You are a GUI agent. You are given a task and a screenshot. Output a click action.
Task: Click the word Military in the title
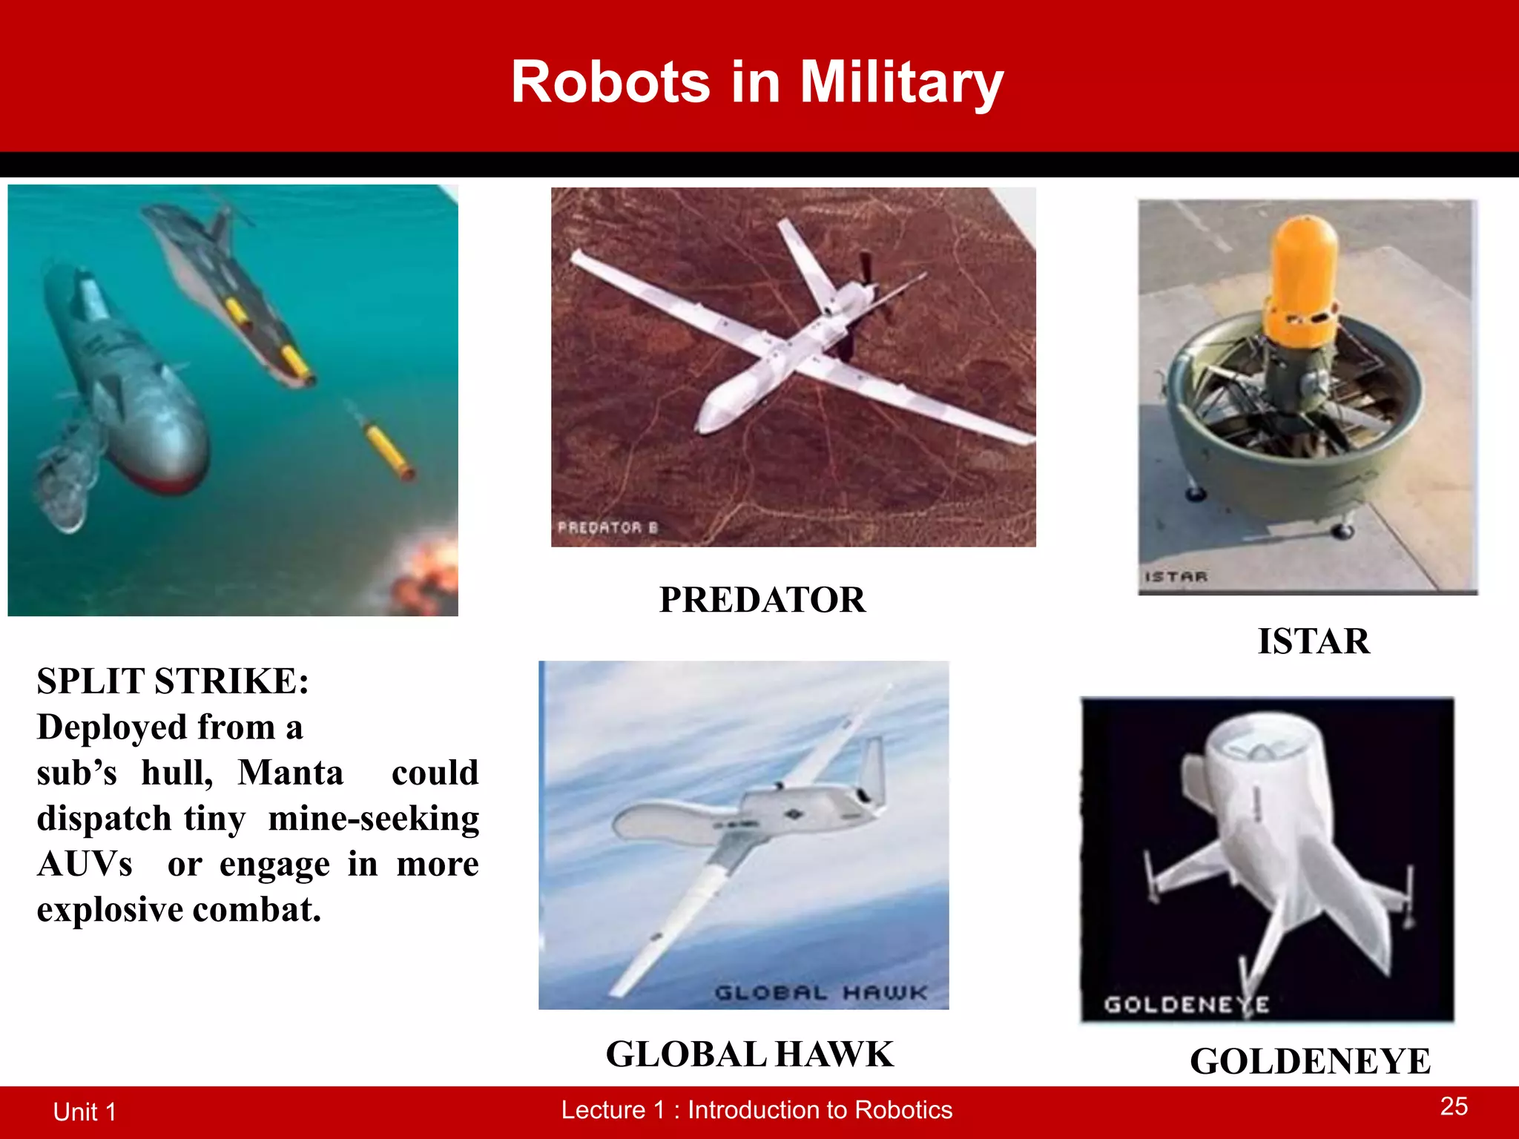(x=901, y=82)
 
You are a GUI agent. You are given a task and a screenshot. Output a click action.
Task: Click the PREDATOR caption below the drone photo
(x=762, y=600)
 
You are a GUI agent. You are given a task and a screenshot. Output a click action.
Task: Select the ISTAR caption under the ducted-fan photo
(x=1314, y=641)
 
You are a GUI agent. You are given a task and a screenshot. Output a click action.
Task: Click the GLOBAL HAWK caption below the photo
(x=750, y=1054)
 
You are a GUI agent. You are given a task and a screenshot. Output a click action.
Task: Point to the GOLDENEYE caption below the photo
(x=1310, y=1061)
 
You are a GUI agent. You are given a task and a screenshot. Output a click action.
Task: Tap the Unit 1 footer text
(x=85, y=1112)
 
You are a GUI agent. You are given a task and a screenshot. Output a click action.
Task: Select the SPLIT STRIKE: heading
(x=173, y=681)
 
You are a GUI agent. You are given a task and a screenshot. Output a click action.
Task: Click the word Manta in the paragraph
(x=291, y=773)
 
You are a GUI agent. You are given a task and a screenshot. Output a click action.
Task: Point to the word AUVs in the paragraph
(x=85, y=864)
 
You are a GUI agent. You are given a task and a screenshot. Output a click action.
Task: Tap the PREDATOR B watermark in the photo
(x=607, y=527)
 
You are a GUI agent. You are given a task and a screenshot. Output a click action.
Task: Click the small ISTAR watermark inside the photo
(x=1176, y=576)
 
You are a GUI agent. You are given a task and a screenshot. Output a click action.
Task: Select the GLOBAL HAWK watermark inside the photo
(x=820, y=992)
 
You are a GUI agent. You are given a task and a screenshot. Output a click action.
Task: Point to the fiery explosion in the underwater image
(x=426, y=575)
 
